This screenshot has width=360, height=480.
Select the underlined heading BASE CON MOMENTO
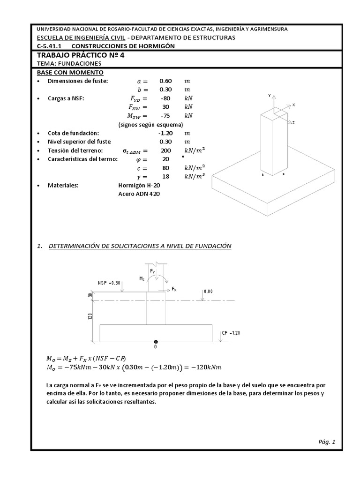tap(70, 73)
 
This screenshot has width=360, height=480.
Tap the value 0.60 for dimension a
tap(165, 81)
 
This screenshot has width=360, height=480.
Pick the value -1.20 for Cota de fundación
tap(165, 133)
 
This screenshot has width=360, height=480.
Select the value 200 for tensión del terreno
tap(166, 150)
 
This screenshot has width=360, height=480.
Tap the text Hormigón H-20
tap(139, 185)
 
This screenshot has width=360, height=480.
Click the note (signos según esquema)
tap(150, 125)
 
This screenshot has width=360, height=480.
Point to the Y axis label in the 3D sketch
tap(269, 95)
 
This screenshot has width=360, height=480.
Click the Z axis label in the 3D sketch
tap(293, 122)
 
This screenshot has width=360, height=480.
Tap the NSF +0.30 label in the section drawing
tap(109, 283)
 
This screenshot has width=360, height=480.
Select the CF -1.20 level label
tap(231, 332)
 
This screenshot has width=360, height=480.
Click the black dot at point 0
tap(156, 342)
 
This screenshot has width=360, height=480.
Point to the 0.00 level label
tap(209, 291)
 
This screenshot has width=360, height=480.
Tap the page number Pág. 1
tap(327, 442)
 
